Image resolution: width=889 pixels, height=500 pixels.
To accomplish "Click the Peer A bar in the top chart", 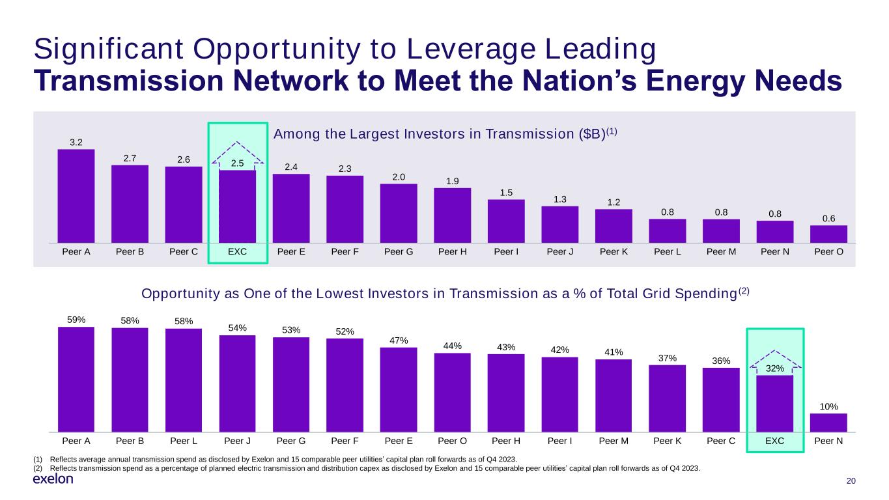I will point(76,196).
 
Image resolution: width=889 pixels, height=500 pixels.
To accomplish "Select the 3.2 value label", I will point(76,142).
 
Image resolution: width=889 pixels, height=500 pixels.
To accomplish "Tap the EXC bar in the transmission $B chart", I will point(237,206).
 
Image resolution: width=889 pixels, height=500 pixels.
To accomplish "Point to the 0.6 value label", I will point(828,219).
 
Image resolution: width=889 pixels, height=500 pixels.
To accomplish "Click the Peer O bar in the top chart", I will point(828,234).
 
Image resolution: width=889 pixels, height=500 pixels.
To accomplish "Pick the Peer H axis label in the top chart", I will point(452,252).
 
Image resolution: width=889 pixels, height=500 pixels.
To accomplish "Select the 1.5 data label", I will point(506,192).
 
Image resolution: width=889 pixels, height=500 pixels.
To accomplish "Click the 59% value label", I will point(76,319).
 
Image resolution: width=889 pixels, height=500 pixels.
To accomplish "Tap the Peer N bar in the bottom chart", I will point(828,423).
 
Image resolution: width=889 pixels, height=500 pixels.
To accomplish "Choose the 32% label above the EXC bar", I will point(774,368).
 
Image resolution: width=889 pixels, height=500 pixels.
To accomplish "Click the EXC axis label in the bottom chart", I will point(774,441).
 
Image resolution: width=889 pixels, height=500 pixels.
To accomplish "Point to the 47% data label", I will point(399,340).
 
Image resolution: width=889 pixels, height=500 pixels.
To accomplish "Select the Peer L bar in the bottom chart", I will point(184,380).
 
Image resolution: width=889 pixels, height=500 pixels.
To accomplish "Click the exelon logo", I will point(53,479).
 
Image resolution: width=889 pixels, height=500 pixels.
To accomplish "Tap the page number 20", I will point(850,480).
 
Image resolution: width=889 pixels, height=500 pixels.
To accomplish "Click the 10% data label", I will point(828,406).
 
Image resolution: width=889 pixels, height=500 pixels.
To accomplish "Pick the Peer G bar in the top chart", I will point(399,214).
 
